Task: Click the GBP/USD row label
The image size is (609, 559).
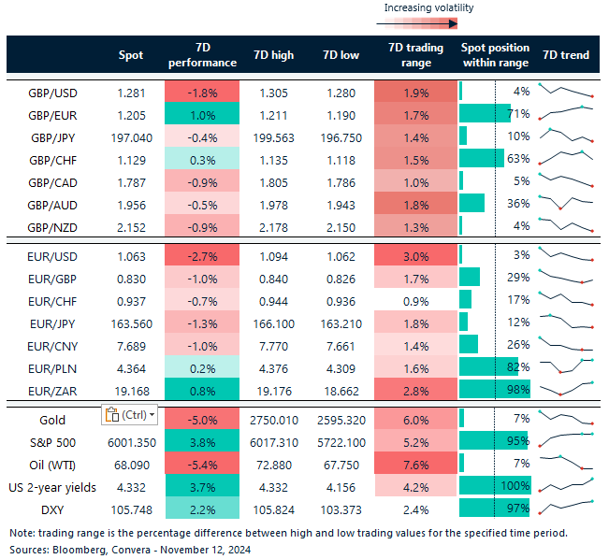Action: point(52,92)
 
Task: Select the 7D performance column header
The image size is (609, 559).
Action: point(201,55)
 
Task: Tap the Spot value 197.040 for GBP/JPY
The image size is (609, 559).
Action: point(131,136)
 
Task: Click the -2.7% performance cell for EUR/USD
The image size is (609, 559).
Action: point(201,255)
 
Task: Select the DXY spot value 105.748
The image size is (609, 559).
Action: point(131,509)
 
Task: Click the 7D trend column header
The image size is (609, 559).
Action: point(566,55)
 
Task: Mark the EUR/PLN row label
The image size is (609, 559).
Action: point(52,366)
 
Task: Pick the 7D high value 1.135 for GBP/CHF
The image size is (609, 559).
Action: point(274,159)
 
